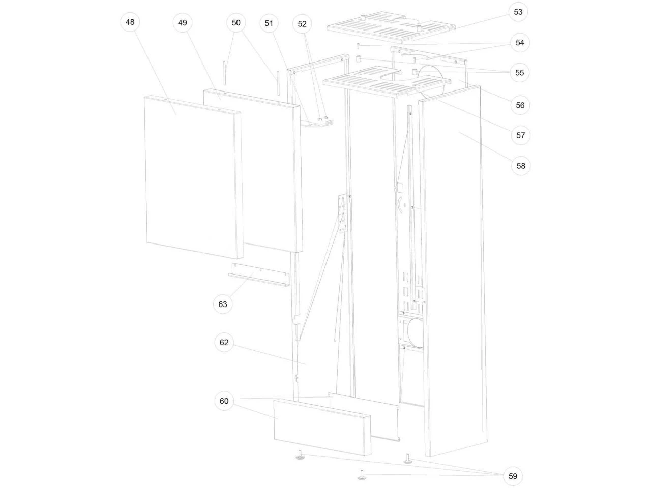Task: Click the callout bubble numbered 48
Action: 130,22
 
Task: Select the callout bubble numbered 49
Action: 183,23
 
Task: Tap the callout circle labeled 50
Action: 236,23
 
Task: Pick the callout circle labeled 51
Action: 269,23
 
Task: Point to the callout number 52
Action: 302,24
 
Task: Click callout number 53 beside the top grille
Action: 518,12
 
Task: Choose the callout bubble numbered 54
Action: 520,43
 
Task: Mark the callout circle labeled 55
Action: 519,73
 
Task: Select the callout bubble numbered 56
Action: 520,105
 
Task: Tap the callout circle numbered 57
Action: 520,135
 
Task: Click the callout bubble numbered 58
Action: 521,166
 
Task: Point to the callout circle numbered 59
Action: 513,476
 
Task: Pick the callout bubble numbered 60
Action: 224,401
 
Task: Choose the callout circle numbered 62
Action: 224,343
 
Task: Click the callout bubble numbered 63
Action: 222,304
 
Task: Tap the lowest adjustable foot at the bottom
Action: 361,476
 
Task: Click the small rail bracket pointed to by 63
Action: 259,274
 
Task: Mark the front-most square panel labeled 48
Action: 194,177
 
